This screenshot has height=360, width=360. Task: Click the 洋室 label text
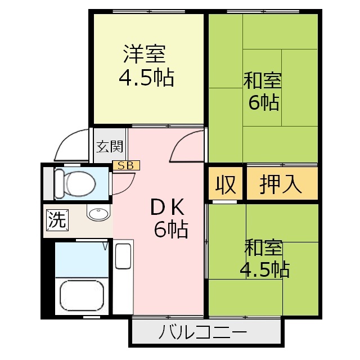145,55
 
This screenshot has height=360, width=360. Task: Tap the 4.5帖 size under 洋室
146,78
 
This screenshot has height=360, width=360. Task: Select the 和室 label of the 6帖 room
262,81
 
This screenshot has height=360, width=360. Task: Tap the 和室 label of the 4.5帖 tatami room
263,248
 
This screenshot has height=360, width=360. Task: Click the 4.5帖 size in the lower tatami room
264,269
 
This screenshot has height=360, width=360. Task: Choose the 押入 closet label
281,184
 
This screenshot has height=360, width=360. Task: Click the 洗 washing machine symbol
56,219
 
